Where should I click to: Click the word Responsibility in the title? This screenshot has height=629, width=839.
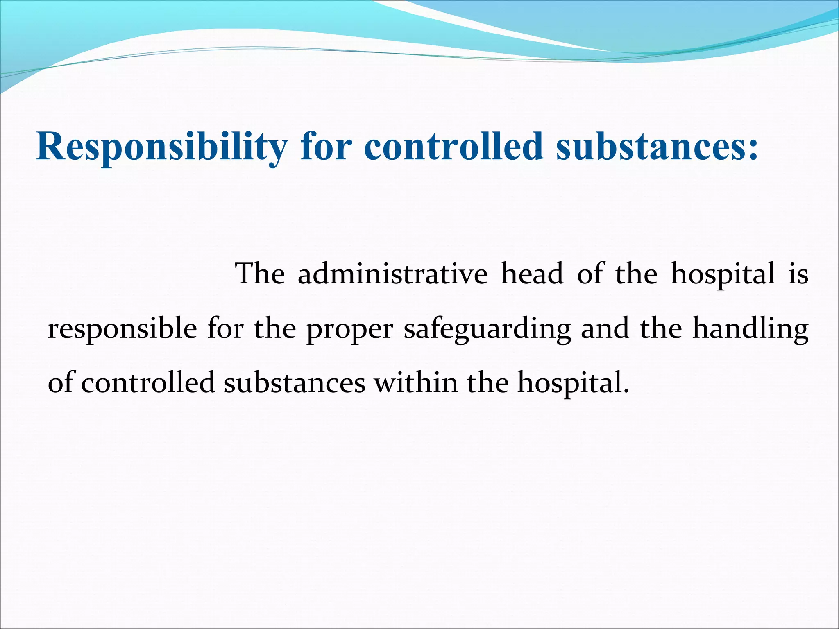pyautogui.click(x=162, y=147)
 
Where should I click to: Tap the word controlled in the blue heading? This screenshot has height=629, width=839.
pyautogui.click(x=454, y=146)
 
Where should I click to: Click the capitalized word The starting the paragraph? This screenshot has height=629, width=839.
pyautogui.click(x=260, y=274)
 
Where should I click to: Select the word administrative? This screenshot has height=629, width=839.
pyautogui.click(x=392, y=274)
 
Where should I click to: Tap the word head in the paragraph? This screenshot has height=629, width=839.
pyautogui.click(x=532, y=274)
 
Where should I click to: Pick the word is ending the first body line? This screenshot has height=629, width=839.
pyautogui.click(x=798, y=274)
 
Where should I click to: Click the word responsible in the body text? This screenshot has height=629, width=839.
pyautogui.click(x=122, y=329)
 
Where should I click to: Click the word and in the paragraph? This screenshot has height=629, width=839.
pyautogui.click(x=605, y=329)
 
